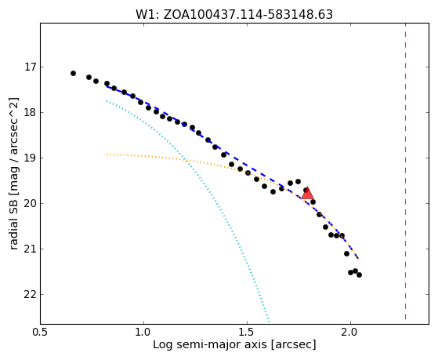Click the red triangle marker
pyautogui.click(x=307, y=194)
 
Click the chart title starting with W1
pyautogui.click(x=234, y=15)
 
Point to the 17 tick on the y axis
pyautogui.click(x=31, y=67)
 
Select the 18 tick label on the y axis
pyautogui.click(x=31, y=112)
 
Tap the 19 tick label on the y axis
pyautogui.click(x=31, y=158)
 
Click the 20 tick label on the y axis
pyautogui.click(x=31, y=203)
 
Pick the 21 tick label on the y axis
pyautogui.click(x=31, y=249)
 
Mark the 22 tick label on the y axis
pyautogui.click(x=31, y=295)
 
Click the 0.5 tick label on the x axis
pyautogui.click(x=41, y=332)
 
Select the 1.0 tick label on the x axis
pyautogui.click(x=143, y=332)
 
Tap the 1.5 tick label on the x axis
pyautogui.click(x=247, y=332)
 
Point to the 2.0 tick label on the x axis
pyautogui.click(x=350, y=332)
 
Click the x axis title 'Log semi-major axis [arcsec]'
pyautogui.click(x=234, y=344)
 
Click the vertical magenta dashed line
pyautogui.click(x=405, y=172)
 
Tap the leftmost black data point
pyautogui.click(x=73, y=73)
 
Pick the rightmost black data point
pyautogui.click(x=359, y=275)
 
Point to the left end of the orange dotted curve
pyautogui.click(x=107, y=155)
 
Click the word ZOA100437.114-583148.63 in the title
pyautogui.click(x=248, y=15)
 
